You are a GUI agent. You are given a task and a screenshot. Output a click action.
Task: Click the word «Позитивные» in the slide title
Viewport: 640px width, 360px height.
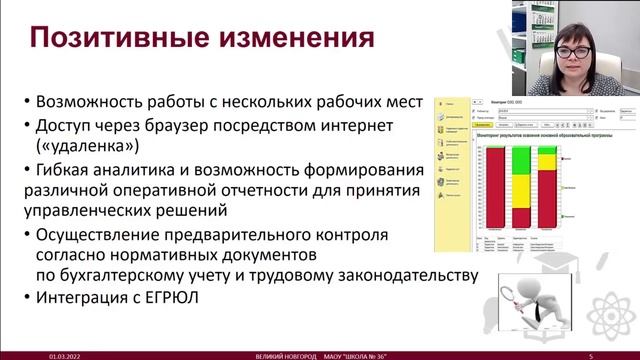pos(110,40)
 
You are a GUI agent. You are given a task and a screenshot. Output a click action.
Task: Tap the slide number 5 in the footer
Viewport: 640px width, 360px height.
pos(591,354)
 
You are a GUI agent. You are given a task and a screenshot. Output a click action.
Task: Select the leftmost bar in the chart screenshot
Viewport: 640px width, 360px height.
pos(494,191)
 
